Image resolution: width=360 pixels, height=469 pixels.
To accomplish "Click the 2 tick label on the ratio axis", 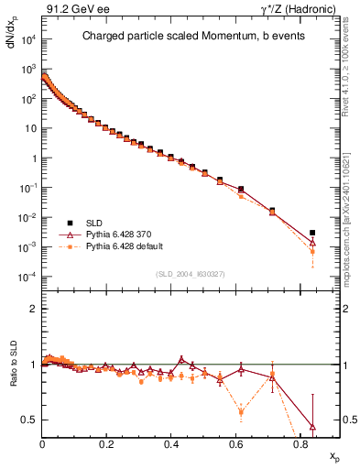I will pyautogui.click(x=33, y=309).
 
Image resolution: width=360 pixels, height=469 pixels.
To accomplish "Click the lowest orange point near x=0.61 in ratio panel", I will pyautogui.click(x=241, y=412).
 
